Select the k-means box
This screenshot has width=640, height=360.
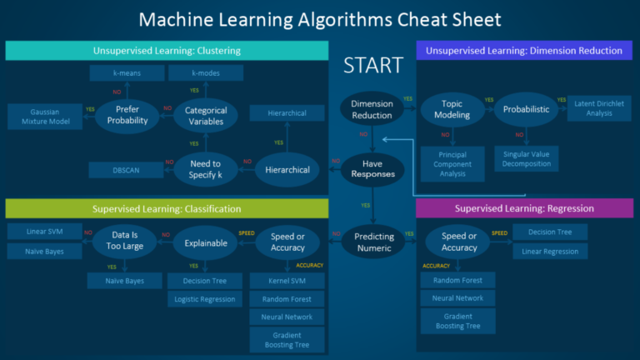127,73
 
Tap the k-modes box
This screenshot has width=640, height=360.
206,73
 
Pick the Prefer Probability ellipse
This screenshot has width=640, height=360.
127,115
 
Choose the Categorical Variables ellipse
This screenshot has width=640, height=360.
206,115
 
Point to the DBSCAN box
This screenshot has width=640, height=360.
127,170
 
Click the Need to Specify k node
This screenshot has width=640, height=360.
206,169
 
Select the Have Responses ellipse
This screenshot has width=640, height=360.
372,170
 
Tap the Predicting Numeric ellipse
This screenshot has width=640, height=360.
372,242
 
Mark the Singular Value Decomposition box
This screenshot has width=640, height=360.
527,158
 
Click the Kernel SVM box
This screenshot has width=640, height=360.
286,281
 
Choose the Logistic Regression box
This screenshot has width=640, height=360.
204,299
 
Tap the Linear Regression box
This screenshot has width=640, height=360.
550,251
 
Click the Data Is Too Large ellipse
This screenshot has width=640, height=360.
124,241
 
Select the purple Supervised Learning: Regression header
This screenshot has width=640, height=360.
524,207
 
